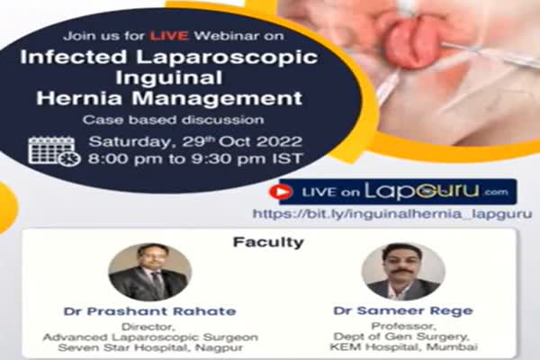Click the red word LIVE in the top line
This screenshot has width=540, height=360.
pos(169,36)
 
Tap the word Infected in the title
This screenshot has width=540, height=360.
pos(74,57)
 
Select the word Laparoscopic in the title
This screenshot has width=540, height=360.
pos(227,58)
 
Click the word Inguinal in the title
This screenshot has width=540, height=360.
pos(169,78)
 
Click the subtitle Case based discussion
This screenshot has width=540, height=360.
pos(173,120)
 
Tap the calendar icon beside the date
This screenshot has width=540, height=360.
pos(54,151)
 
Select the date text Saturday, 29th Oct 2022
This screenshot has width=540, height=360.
pos(195,142)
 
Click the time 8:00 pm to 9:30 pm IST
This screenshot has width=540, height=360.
pos(195,158)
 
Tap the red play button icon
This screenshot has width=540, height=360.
pos(281,192)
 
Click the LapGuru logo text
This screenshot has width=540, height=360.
pos(422,192)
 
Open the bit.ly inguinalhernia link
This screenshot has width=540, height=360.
pos(392,214)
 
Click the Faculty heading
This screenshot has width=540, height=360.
pos(268,242)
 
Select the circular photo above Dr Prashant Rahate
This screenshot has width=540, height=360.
pos(149,272)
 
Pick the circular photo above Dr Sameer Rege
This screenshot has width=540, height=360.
pos(403,272)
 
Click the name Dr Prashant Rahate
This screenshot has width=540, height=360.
pos(150,311)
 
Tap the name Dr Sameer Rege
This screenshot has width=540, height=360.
pos(403,310)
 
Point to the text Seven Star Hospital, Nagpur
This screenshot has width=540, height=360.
pos(150,347)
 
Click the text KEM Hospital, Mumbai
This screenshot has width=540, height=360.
pos(403,346)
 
